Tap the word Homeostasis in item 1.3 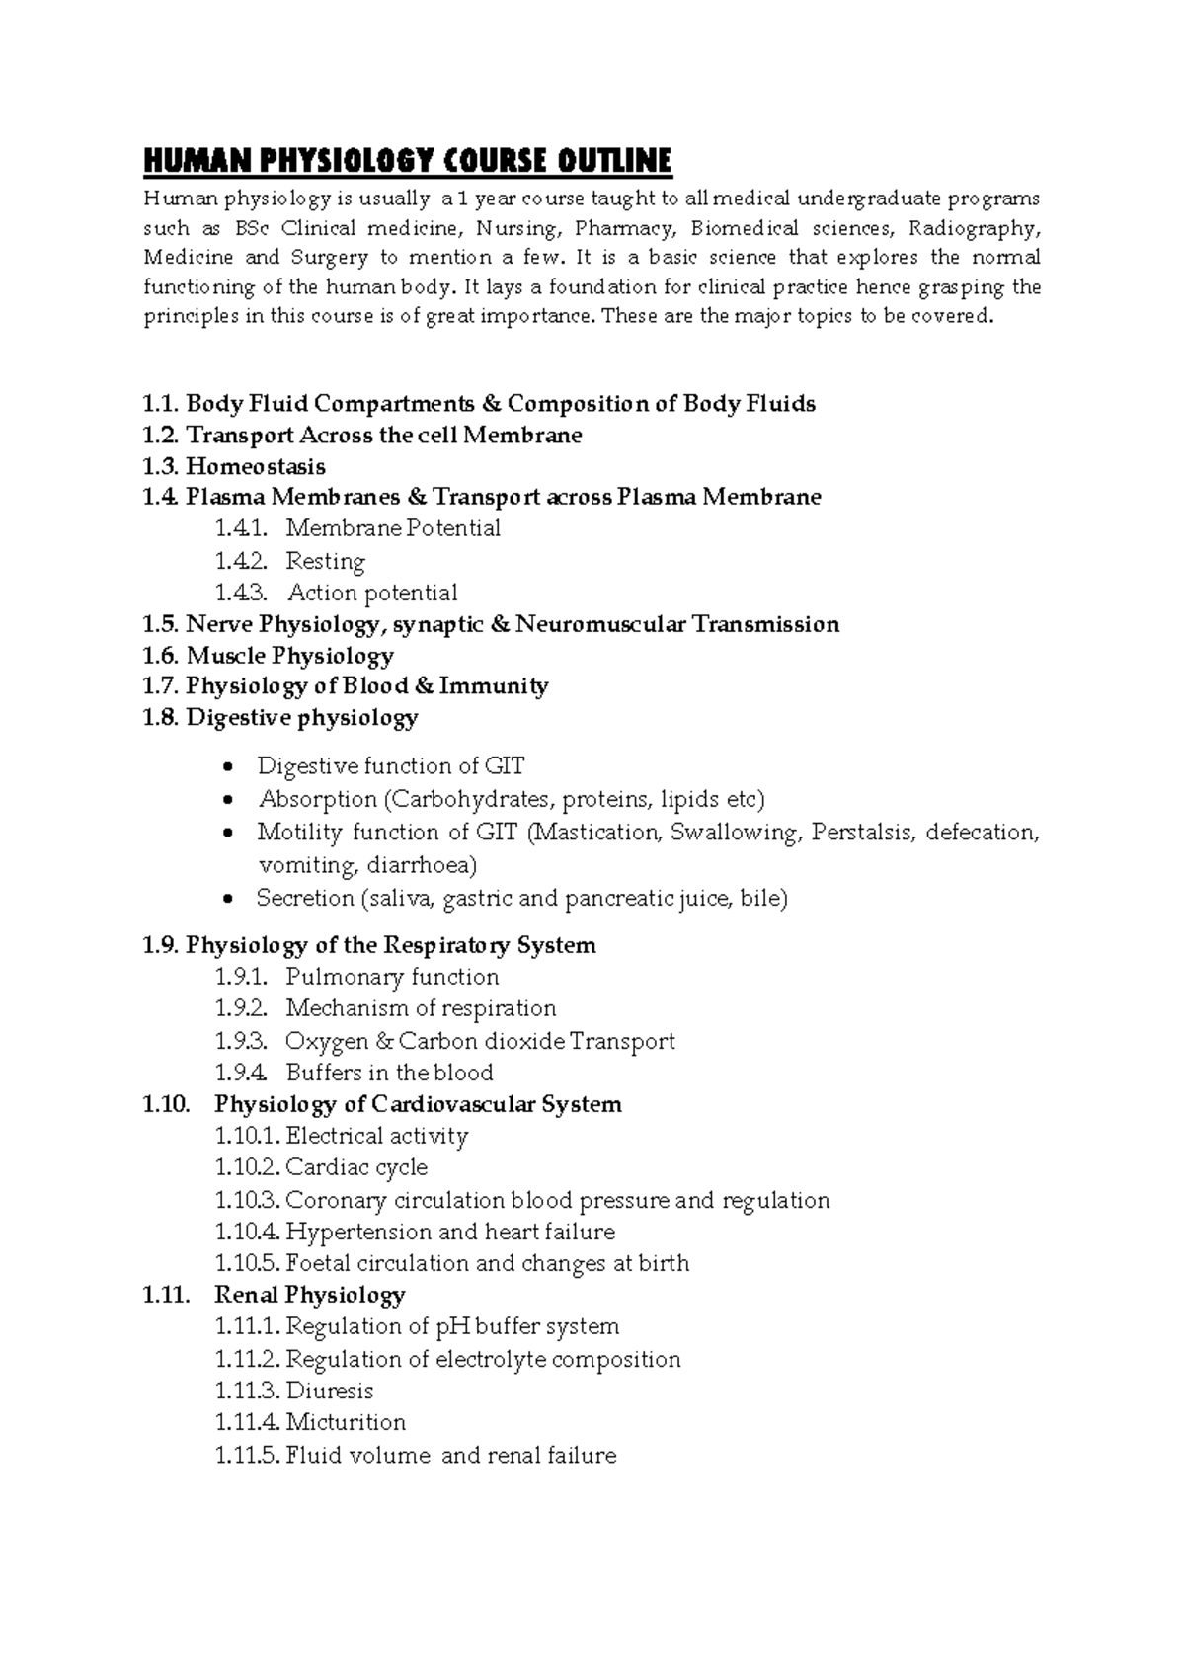(x=256, y=466)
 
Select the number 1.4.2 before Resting (x=241, y=561)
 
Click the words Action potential (x=372, y=593)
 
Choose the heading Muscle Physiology (x=289, y=656)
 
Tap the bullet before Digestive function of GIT (x=229, y=768)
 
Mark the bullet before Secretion (x=229, y=900)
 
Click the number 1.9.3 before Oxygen (x=241, y=1041)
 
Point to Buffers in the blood (x=389, y=1073)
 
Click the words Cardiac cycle (x=356, y=1167)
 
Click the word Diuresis (x=330, y=1391)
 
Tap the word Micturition (x=346, y=1422)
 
